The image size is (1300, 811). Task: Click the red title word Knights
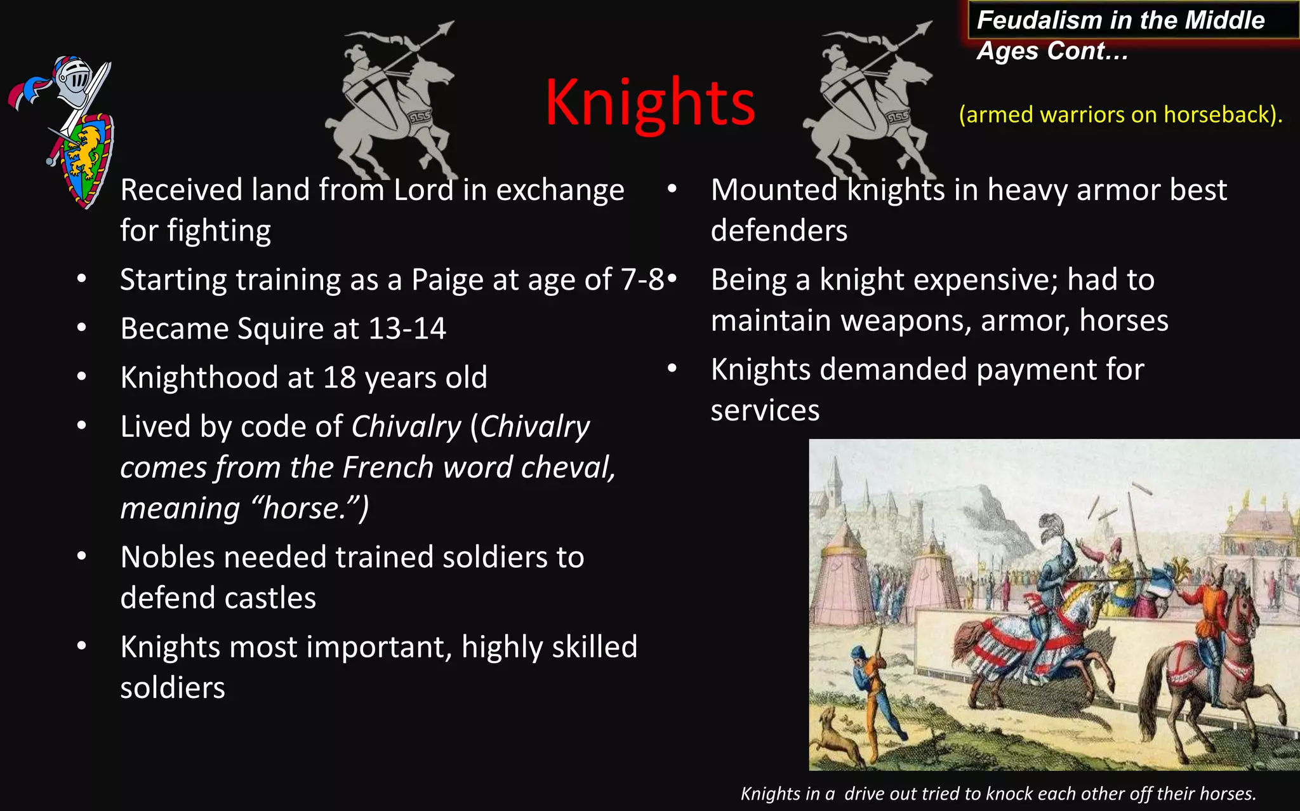[x=650, y=102]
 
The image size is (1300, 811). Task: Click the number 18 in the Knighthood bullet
[x=339, y=378]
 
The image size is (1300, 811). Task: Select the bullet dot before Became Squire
[x=81, y=328]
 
